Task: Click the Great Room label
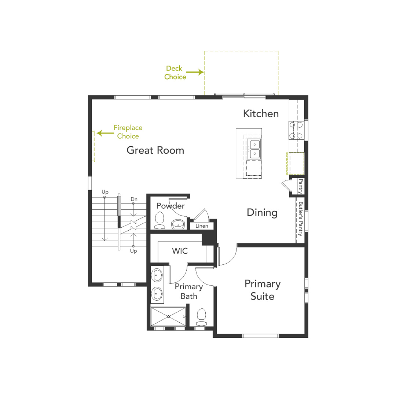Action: point(155,150)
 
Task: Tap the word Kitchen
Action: point(261,113)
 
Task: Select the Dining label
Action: point(262,212)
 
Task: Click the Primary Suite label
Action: point(263,290)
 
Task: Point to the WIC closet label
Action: point(180,251)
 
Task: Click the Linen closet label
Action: point(202,226)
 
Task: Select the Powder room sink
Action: point(178,224)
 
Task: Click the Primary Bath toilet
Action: point(201,316)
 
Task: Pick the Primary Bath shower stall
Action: point(168,316)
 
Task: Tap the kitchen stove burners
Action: point(296,130)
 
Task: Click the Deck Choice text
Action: point(175,73)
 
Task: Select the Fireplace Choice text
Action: point(128,132)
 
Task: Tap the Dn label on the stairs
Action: point(134,199)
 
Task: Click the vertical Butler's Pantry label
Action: point(301,219)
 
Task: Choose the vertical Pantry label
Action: point(301,186)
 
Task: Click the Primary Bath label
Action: point(188,291)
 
